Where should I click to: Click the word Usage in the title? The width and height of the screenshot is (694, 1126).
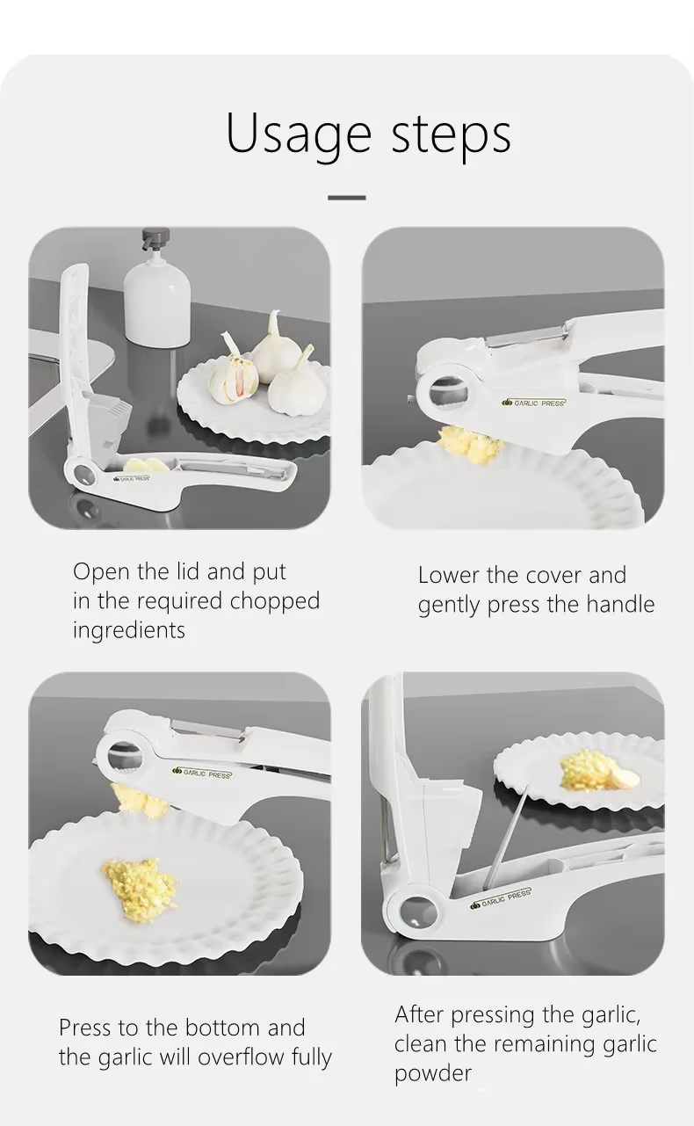coord(299,134)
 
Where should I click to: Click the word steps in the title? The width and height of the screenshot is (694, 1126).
coord(452,133)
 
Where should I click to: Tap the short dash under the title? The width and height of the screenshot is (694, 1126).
coord(347,198)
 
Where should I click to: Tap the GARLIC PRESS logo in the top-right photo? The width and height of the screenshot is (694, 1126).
coord(534,403)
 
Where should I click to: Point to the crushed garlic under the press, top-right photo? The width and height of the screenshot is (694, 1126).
coord(469,443)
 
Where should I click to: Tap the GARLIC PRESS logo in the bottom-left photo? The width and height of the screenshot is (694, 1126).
coord(203,774)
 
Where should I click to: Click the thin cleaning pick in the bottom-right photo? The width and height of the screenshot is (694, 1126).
coord(506,838)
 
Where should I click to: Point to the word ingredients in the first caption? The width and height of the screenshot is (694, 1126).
coord(128,630)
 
